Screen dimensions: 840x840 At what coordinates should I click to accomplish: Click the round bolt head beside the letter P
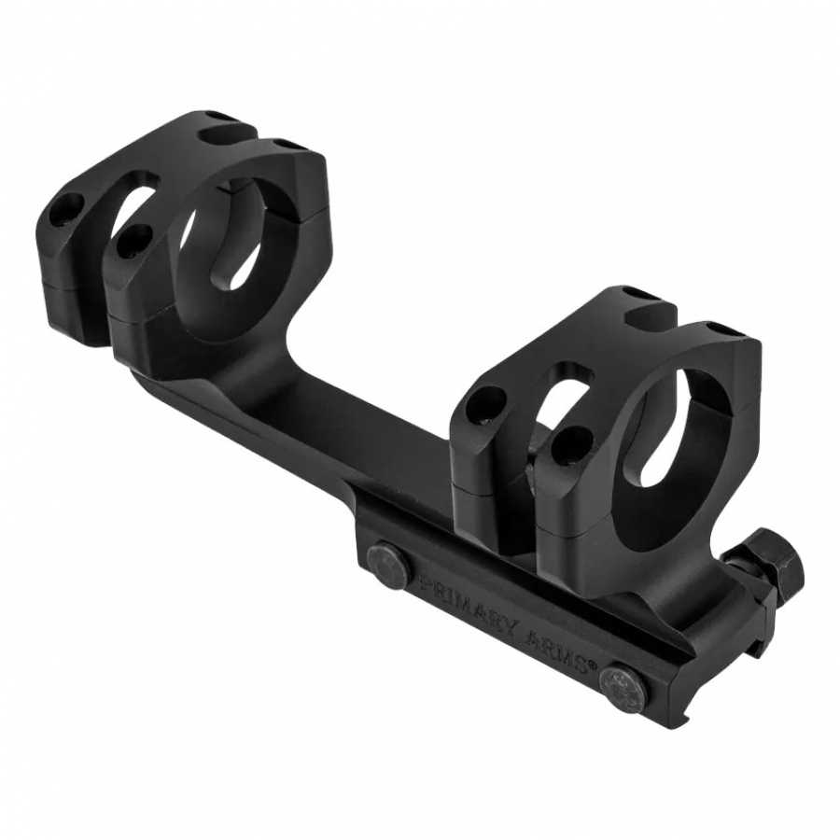click(386, 566)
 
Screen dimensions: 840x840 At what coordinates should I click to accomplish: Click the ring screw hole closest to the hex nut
click(571, 444)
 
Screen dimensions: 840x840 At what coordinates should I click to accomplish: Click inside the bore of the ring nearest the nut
click(665, 429)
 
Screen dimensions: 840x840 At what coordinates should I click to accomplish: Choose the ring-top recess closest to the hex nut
click(721, 330)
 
